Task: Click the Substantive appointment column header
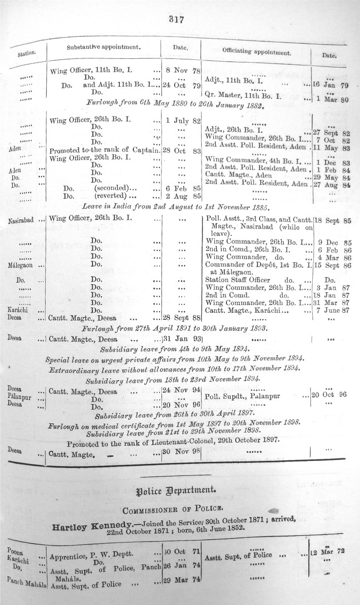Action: click(x=103, y=47)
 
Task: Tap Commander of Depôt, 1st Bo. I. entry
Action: click(x=258, y=265)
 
